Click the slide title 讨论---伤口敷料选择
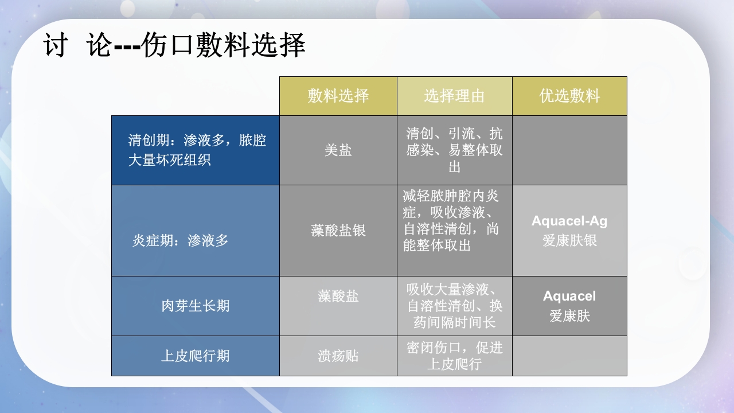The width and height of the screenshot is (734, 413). (x=174, y=45)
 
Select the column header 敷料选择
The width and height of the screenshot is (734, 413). (x=338, y=96)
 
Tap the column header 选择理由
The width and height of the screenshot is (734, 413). (x=454, y=96)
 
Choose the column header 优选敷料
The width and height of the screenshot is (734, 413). (x=569, y=96)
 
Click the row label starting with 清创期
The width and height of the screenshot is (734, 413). (x=197, y=150)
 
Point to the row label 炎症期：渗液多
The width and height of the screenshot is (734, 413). (x=180, y=240)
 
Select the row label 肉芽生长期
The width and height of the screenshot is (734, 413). (x=195, y=306)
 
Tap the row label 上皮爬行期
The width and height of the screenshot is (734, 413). (x=195, y=356)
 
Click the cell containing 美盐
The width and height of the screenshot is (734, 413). (x=338, y=150)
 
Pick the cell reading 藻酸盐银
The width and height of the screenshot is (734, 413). (x=338, y=231)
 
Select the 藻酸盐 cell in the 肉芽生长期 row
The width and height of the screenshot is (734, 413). (x=338, y=296)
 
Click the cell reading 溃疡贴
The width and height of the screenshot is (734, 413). (x=338, y=356)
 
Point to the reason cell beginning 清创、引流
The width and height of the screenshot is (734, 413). (x=454, y=150)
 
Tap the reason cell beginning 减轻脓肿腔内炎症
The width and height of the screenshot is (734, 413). (x=451, y=221)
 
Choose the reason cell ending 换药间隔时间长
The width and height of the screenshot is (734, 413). (x=454, y=306)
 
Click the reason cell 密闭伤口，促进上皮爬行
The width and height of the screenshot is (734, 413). (x=454, y=356)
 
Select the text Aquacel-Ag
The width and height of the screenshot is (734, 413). (x=569, y=221)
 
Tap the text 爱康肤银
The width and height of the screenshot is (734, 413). (x=569, y=240)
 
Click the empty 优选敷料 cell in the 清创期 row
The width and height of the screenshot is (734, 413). (x=569, y=150)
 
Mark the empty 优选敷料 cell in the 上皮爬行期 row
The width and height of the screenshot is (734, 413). (x=569, y=356)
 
